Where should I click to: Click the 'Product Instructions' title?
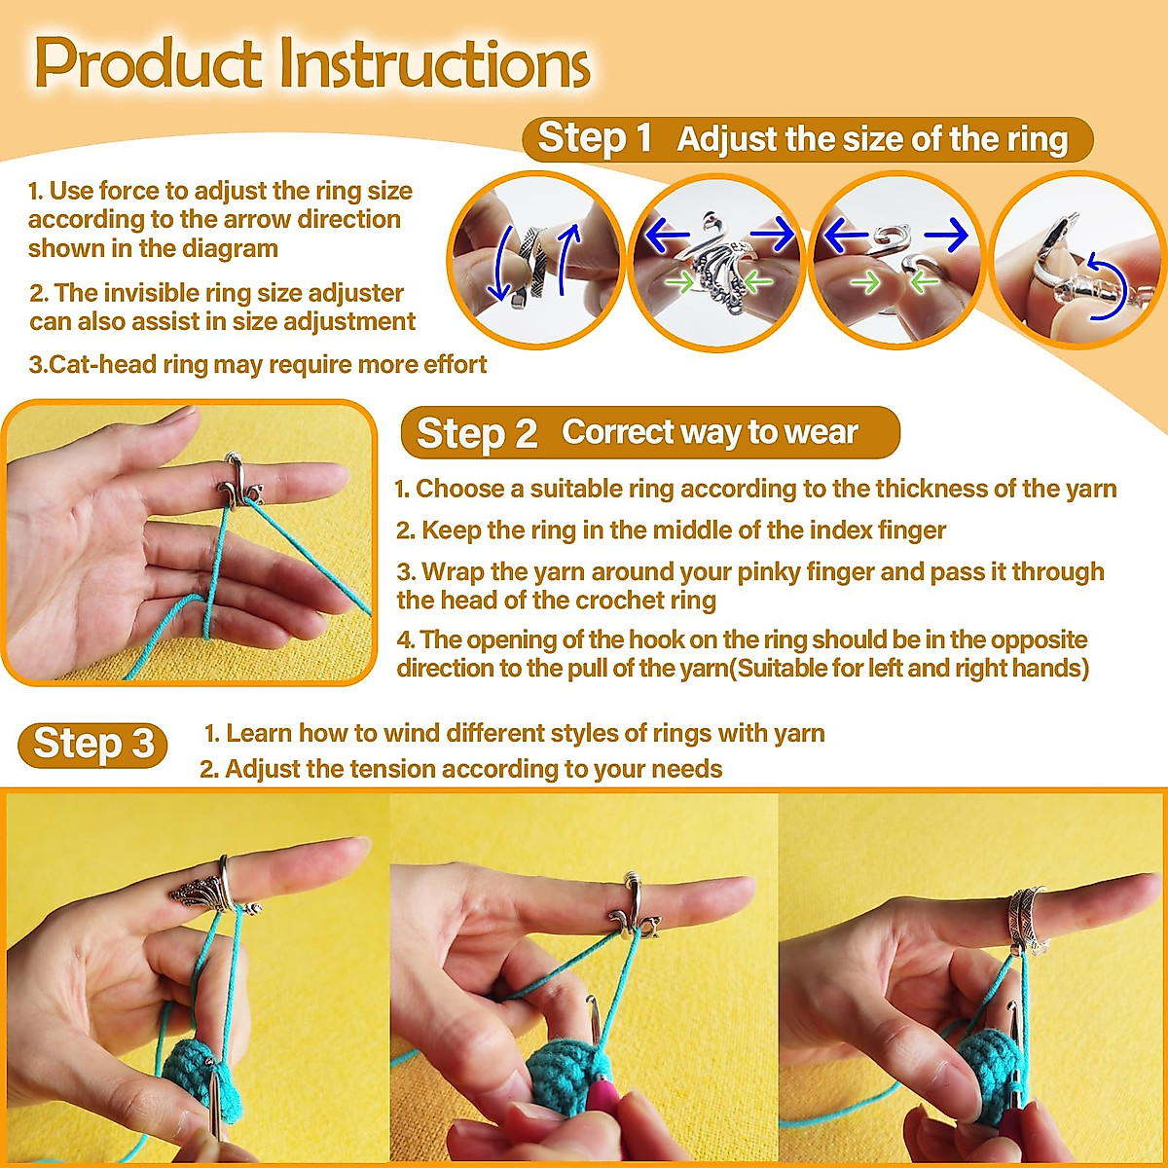click(311, 64)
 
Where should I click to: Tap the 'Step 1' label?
click(595, 138)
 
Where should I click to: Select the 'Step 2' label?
click(476, 433)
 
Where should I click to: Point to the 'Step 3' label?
click(93, 745)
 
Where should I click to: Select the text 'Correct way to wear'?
click(710, 432)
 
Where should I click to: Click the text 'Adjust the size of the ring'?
click(872, 139)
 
